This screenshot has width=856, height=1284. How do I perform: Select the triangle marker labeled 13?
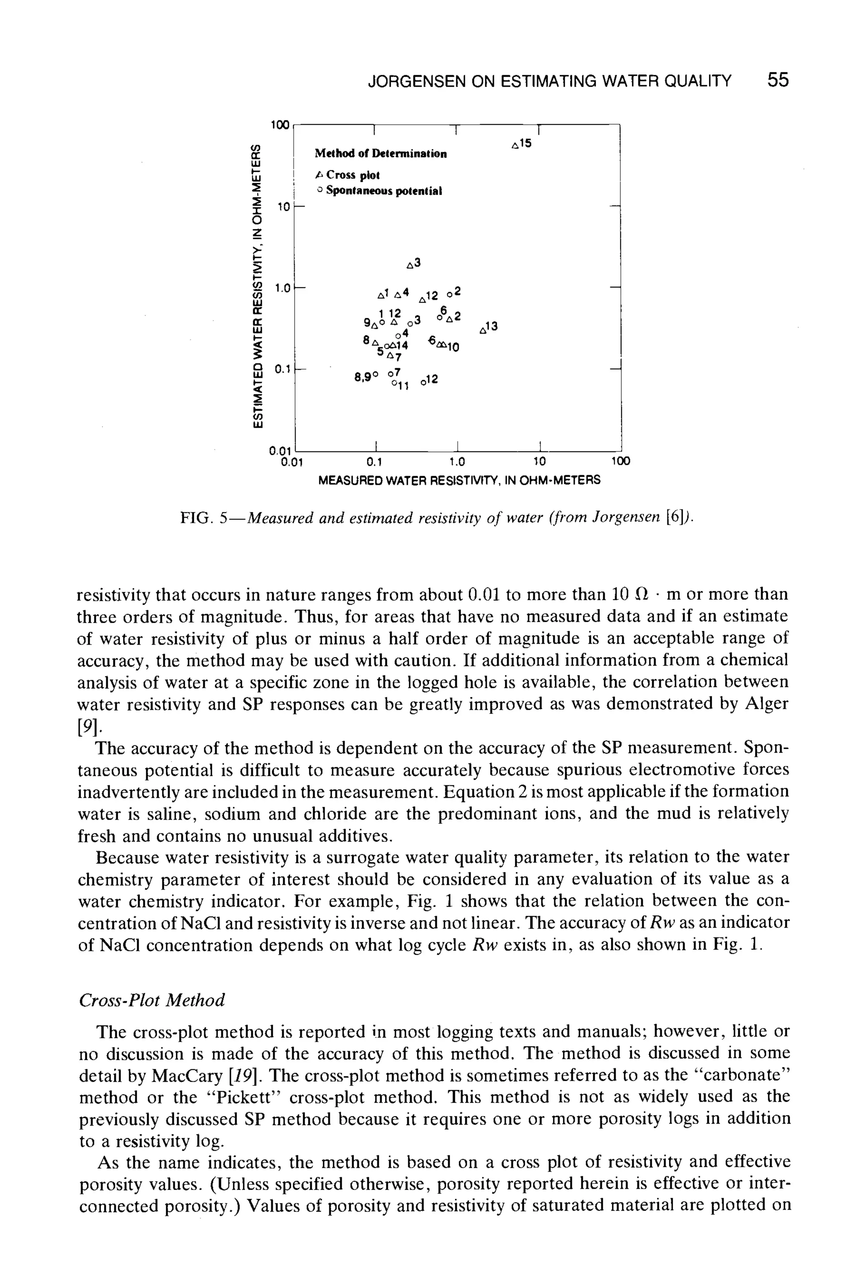pyautogui.click(x=483, y=330)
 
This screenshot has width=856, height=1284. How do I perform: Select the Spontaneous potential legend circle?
pyautogui.click(x=321, y=191)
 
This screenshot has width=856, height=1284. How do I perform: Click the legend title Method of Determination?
pyautogui.click(x=380, y=154)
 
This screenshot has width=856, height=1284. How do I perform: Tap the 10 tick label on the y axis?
pyautogui.click(x=282, y=207)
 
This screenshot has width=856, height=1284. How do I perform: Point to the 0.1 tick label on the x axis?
pyautogui.click(x=374, y=462)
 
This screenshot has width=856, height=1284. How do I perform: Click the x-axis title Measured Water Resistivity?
pyautogui.click(x=459, y=480)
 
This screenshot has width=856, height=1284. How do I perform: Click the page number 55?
pyautogui.click(x=777, y=81)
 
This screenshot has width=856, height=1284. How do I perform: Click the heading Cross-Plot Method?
pyautogui.click(x=152, y=1000)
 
